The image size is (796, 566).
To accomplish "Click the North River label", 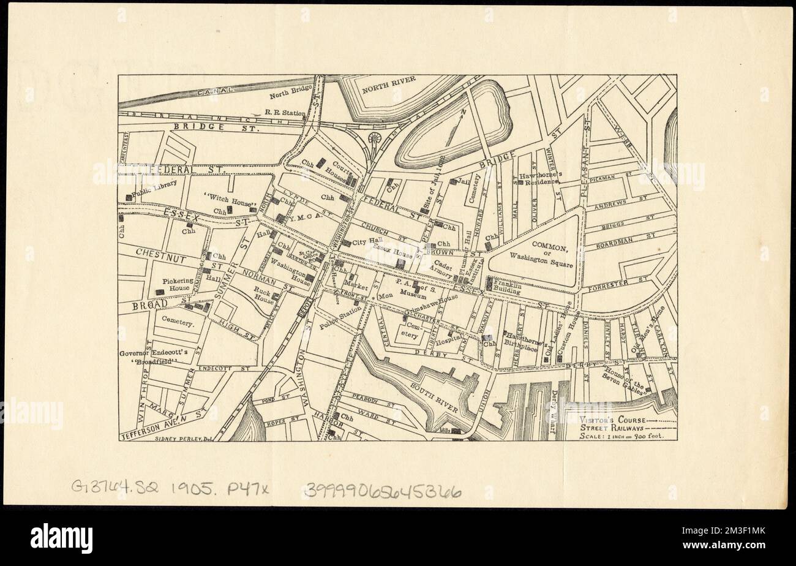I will pyautogui.click(x=389, y=80).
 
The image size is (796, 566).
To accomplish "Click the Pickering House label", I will pyautogui.click(x=176, y=284).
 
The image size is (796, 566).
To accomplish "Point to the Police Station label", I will pyautogui.click(x=341, y=318).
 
